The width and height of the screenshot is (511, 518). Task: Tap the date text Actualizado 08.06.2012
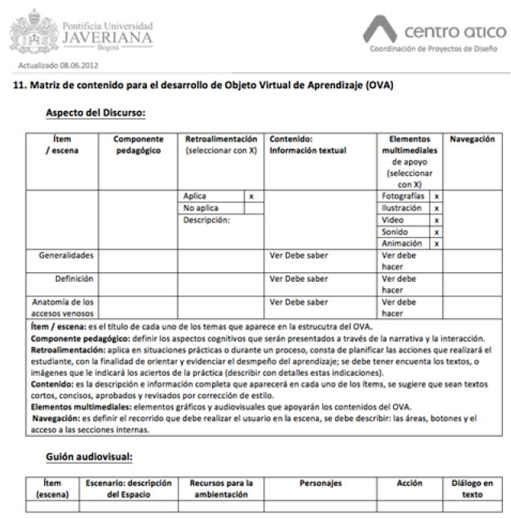53,64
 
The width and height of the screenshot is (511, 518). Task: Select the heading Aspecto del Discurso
95,112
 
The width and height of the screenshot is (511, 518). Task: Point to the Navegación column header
472,139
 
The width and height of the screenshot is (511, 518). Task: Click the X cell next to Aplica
251,196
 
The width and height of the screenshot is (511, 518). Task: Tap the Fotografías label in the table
403,196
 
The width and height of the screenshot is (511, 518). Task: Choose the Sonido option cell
403,231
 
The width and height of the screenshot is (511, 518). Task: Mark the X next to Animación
436,243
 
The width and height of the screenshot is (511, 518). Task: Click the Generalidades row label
67,255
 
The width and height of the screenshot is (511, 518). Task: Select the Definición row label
74,279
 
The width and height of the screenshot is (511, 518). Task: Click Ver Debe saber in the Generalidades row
299,255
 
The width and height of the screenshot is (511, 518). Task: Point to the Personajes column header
320,483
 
